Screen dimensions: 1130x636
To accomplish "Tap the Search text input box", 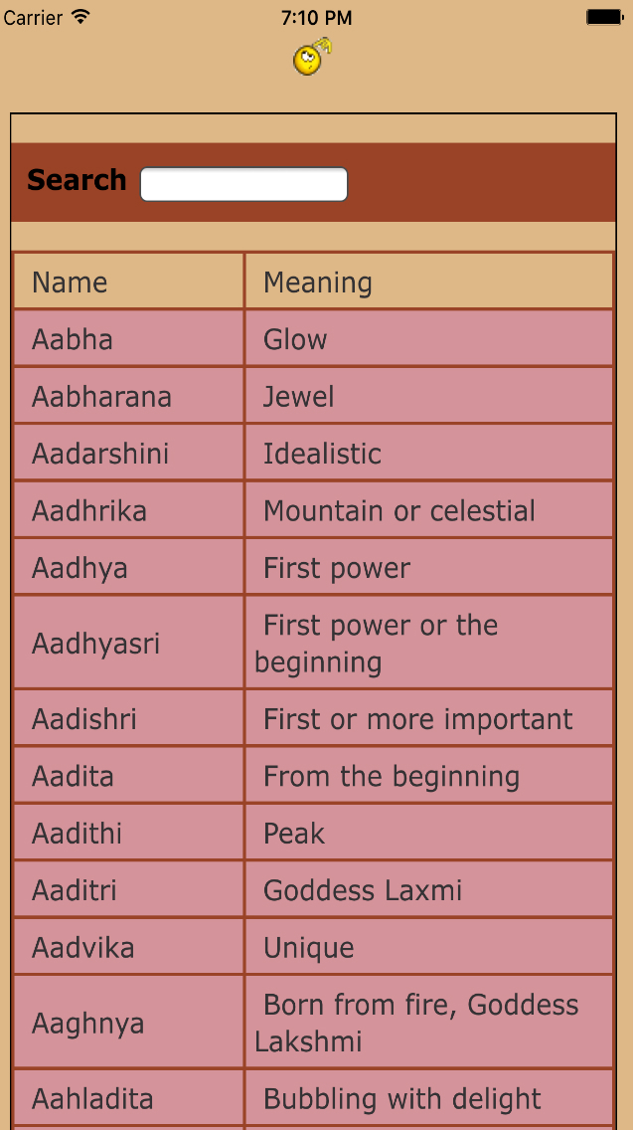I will click(243, 184).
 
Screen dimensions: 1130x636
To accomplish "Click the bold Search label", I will click(77, 180).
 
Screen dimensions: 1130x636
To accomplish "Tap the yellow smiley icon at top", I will click(311, 58).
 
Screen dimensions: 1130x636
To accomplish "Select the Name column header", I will click(70, 282).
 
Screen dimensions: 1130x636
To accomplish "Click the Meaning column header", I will click(318, 282).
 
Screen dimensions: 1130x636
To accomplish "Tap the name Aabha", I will click(73, 339).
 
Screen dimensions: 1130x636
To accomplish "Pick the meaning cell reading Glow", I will click(295, 339).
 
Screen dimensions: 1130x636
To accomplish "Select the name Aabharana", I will click(101, 397).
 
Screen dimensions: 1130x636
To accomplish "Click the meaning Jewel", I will click(298, 397).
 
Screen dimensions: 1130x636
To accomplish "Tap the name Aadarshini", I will click(100, 454).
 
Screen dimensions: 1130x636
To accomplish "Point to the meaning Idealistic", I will click(322, 454).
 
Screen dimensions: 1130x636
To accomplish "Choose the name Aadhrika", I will click(89, 511).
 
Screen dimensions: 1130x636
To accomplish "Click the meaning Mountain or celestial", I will click(398, 511).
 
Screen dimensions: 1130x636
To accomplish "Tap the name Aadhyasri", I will click(95, 644).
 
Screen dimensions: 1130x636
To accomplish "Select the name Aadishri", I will click(84, 719).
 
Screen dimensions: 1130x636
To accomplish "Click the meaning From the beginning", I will click(391, 776).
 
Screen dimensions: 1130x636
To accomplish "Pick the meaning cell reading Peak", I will click(294, 834).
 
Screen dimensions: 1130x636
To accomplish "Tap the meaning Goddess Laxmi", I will click(363, 890).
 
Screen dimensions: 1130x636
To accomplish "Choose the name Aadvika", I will click(83, 947).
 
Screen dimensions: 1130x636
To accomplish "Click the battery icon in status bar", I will click(604, 17).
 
